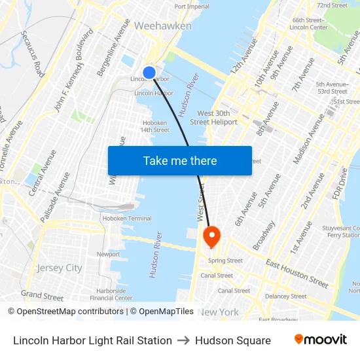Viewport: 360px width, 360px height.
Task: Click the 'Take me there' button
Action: coord(180,161)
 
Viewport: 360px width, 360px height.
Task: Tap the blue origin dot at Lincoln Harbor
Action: coord(149,73)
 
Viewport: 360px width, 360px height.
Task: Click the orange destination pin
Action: coord(212,237)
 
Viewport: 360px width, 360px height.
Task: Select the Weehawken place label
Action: coord(163,26)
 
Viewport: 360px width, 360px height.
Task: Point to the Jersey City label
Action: coord(60,268)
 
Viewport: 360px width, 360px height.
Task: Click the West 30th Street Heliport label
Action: coord(213,118)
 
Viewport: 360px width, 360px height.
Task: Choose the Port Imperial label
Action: coord(192,7)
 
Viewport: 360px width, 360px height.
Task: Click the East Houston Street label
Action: coord(297,272)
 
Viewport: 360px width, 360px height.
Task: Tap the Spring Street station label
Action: coord(225,261)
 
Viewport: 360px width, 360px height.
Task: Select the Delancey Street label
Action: coord(285,296)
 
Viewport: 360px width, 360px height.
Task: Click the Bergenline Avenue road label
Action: coord(113,46)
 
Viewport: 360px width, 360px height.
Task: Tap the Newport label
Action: coord(108,254)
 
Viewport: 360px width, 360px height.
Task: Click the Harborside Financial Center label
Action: coord(111,294)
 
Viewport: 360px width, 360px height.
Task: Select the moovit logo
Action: coord(320,340)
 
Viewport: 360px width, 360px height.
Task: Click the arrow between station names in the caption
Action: coord(183,340)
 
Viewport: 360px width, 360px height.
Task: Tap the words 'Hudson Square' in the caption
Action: coord(233,340)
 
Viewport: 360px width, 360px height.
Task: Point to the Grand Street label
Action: coord(42,296)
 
